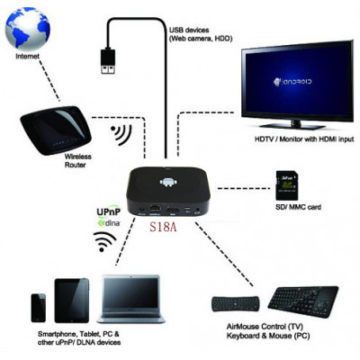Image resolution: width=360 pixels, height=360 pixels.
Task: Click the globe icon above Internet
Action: [27, 30]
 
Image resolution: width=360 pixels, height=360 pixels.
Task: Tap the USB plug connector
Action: [108, 61]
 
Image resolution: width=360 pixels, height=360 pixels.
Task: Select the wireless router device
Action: [55, 130]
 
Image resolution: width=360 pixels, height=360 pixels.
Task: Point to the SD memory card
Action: [287, 185]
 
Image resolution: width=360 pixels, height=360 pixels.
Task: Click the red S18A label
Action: [163, 227]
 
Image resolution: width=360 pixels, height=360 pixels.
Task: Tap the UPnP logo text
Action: [108, 211]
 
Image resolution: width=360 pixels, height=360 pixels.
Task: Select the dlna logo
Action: [109, 223]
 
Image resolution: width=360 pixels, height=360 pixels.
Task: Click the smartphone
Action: [39, 308]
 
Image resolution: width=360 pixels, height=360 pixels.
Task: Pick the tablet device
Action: [72, 301]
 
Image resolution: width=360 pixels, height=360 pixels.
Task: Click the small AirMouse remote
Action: [236, 304]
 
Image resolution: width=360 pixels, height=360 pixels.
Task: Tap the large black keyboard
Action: [303, 301]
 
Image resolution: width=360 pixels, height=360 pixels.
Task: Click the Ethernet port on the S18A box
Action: [155, 209]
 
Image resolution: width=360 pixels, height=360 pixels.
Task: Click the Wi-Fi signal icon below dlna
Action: [104, 241]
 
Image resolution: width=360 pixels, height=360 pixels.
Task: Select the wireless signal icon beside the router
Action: [121, 135]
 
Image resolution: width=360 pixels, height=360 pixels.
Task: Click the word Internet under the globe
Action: [27, 57]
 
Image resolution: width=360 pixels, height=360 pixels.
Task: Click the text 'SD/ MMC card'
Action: [298, 207]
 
